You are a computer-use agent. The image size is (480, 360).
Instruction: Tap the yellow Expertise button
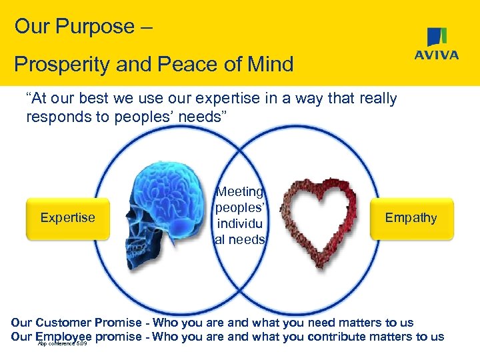point(67,218)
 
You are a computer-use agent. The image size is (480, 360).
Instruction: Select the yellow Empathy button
point(411,218)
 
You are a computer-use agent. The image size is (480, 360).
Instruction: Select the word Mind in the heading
point(270,65)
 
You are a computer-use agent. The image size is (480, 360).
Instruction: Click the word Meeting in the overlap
point(240,193)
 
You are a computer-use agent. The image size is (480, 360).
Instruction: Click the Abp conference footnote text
point(63,343)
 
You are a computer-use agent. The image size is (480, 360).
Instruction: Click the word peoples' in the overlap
point(240,208)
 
